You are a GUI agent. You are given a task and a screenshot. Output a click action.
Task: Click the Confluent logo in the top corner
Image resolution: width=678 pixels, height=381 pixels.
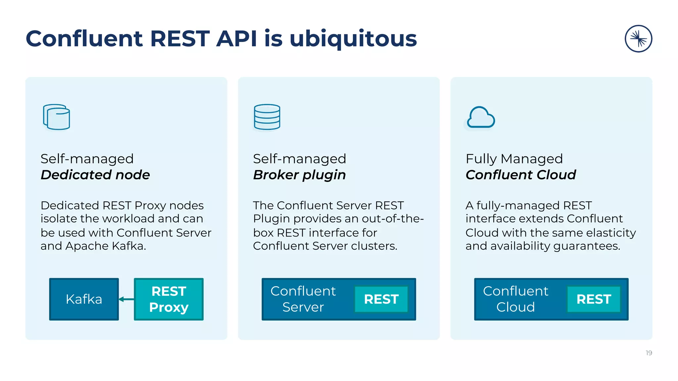point(638,39)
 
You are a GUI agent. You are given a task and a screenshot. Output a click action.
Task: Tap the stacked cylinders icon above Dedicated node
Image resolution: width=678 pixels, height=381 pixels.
point(57,117)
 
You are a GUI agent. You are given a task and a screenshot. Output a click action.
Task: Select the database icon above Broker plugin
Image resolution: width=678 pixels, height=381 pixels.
point(267,117)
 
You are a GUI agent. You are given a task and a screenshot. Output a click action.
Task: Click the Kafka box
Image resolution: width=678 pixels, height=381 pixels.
point(84,299)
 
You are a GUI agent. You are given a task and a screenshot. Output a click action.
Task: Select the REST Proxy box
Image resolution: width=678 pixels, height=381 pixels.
point(169,299)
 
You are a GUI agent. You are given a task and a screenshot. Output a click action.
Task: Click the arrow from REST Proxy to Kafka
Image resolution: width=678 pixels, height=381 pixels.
point(126,299)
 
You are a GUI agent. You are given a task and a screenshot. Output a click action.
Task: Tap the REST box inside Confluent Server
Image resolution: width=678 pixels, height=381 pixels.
point(381,299)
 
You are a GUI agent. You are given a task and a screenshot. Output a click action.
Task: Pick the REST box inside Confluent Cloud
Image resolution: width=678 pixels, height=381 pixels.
point(594,299)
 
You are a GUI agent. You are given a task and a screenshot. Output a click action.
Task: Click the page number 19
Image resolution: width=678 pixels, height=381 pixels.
point(649,353)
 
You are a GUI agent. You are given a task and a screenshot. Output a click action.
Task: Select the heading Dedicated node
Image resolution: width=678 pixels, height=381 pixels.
point(95,175)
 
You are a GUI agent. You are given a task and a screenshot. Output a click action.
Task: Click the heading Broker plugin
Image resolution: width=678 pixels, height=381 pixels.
point(299,175)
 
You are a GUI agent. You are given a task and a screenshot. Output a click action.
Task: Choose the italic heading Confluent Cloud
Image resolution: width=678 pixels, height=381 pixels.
point(521,175)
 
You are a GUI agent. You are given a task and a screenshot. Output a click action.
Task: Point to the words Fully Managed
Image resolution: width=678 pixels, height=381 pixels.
point(514,159)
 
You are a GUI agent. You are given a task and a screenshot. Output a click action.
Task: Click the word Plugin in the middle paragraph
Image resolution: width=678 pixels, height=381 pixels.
point(271,219)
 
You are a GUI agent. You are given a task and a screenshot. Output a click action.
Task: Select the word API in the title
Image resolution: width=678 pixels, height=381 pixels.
point(236,39)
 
